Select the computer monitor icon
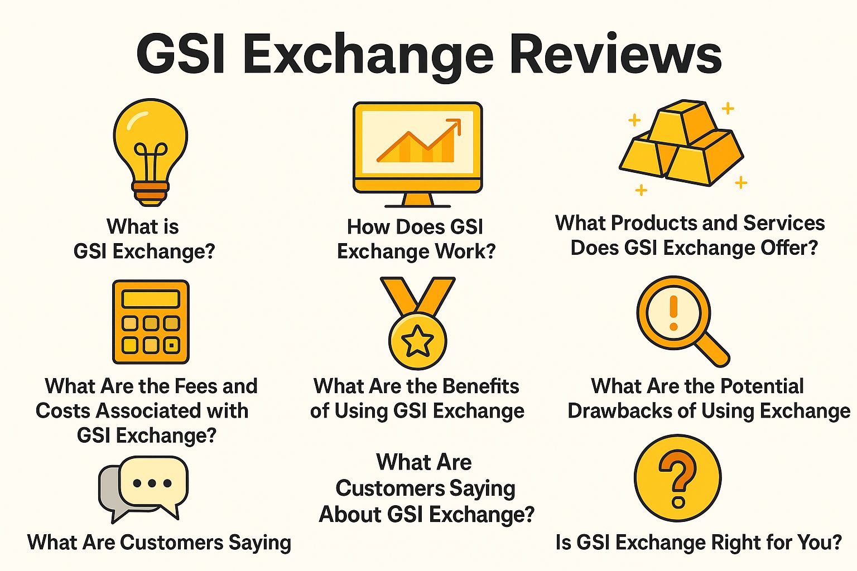click(417, 151)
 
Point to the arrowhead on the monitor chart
click(455, 124)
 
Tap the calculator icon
click(151, 322)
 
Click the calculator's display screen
click(151, 298)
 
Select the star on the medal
click(417, 342)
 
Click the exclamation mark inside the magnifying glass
click(673, 312)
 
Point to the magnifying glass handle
click(711, 349)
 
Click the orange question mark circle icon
click(677, 478)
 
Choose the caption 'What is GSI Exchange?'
click(144, 239)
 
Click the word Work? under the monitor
click(465, 251)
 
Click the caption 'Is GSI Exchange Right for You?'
click(699, 542)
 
